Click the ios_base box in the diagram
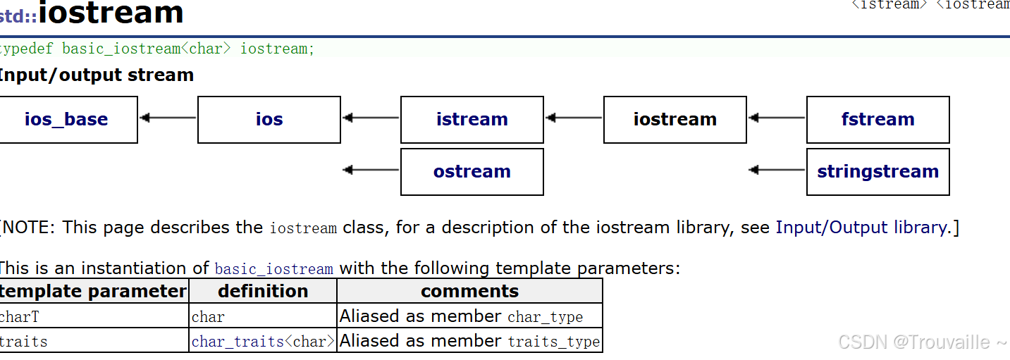click(x=68, y=119)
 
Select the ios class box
click(x=269, y=119)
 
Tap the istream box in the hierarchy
click(x=472, y=119)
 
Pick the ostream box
click(x=472, y=172)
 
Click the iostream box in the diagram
click(x=675, y=119)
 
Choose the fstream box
click(x=878, y=119)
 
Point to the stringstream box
click(x=878, y=172)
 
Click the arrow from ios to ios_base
click(x=168, y=118)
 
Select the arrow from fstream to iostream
click(x=777, y=118)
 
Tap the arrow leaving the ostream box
click(x=371, y=170)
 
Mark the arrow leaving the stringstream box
click(x=777, y=170)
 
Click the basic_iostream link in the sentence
click(x=274, y=269)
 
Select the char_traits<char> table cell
click(x=263, y=341)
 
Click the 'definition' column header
click(x=263, y=291)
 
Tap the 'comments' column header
click(x=470, y=291)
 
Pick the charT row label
click(x=19, y=317)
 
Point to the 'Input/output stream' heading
click(x=96, y=75)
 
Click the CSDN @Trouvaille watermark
click(x=922, y=342)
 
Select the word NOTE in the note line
click(x=28, y=228)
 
